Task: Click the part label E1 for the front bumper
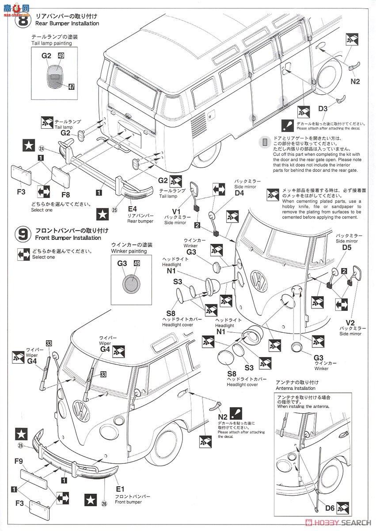point(119,489)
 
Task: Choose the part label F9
point(18,461)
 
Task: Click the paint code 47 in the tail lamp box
point(71,87)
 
